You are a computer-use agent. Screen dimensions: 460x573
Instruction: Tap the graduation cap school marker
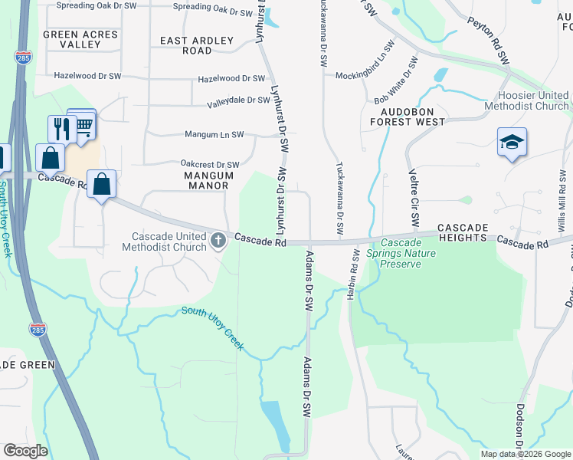[x=512, y=143]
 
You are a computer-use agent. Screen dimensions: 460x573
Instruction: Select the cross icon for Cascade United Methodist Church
[x=218, y=242]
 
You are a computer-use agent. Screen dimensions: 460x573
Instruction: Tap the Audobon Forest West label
[x=408, y=116]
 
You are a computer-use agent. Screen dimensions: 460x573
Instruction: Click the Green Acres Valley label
[x=80, y=39]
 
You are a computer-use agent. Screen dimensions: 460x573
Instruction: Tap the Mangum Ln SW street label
[x=214, y=135]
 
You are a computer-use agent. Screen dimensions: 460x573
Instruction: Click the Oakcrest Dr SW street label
[x=210, y=165]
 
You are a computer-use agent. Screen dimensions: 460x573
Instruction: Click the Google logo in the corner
[x=26, y=451]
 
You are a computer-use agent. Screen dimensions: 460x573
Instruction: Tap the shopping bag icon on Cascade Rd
[x=101, y=184]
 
